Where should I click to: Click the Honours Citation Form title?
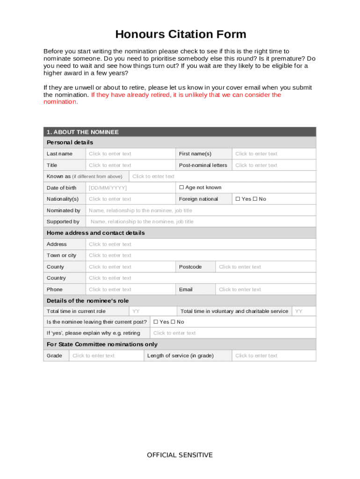point(180,34)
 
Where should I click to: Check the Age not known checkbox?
point(182,188)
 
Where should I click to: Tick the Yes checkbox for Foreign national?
point(238,199)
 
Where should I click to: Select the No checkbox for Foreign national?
point(255,199)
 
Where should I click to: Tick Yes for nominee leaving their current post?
point(156,322)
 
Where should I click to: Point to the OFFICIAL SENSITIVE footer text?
point(180,455)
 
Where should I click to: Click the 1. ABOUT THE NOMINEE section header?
point(82,132)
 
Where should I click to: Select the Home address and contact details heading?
point(96,233)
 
